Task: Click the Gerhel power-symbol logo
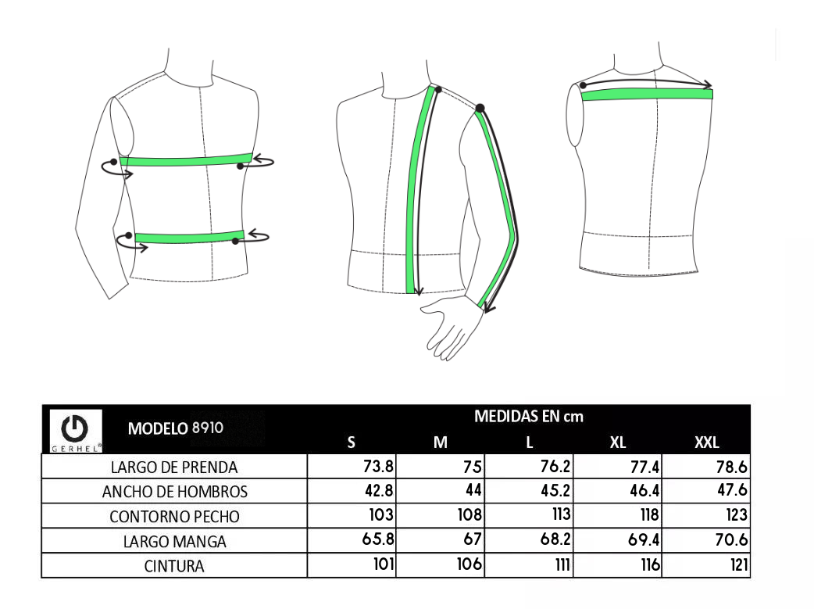(75, 431)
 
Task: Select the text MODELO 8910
(176, 428)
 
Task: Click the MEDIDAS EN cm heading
(529, 417)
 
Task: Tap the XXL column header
(706, 442)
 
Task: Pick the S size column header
(351, 442)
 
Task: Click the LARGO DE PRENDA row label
(174, 467)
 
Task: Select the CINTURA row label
(174, 566)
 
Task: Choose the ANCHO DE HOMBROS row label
(174, 492)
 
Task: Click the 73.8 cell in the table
(378, 466)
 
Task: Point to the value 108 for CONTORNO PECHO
(469, 514)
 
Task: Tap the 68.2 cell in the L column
(555, 539)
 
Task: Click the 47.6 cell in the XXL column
(732, 490)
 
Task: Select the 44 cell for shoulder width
(473, 490)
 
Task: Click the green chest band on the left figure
(186, 160)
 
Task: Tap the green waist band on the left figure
(190, 238)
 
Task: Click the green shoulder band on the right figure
(647, 95)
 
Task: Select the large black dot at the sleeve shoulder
(480, 108)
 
